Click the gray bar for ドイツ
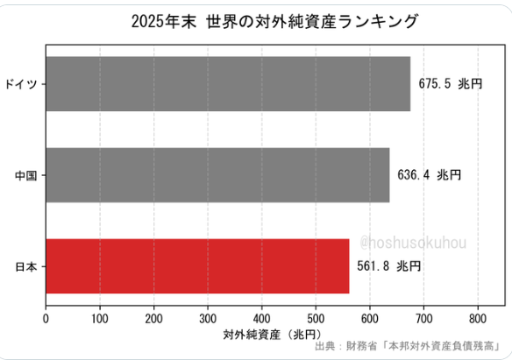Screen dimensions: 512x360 tap(228, 84)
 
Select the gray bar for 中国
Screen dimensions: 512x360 tap(217, 175)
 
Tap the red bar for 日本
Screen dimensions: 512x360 tap(197, 266)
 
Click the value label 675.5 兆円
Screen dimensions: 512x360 tap(451, 84)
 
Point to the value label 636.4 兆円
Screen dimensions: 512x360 tap(429, 175)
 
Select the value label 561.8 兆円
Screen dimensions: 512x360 tap(389, 266)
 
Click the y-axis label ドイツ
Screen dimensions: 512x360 tap(21, 84)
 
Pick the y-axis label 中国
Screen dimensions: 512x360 tap(26, 175)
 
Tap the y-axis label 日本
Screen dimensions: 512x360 tap(26, 267)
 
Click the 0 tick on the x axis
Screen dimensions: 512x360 tap(46, 319)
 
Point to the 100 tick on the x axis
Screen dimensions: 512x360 tap(100, 319)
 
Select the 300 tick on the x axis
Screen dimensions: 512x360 tap(208, 319)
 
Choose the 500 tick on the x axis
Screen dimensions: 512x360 tap(316, 319)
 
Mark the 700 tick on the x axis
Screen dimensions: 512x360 tap(423, 319)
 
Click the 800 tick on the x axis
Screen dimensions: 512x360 tap(478, 319)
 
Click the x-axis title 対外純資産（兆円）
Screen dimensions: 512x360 tap(273, 335)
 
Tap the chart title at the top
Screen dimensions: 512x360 tap(274, 22)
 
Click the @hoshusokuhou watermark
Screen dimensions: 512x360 tap(413, 243)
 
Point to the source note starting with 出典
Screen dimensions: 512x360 tap(407, 346)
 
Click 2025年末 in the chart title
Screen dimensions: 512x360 tap(164, 22)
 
